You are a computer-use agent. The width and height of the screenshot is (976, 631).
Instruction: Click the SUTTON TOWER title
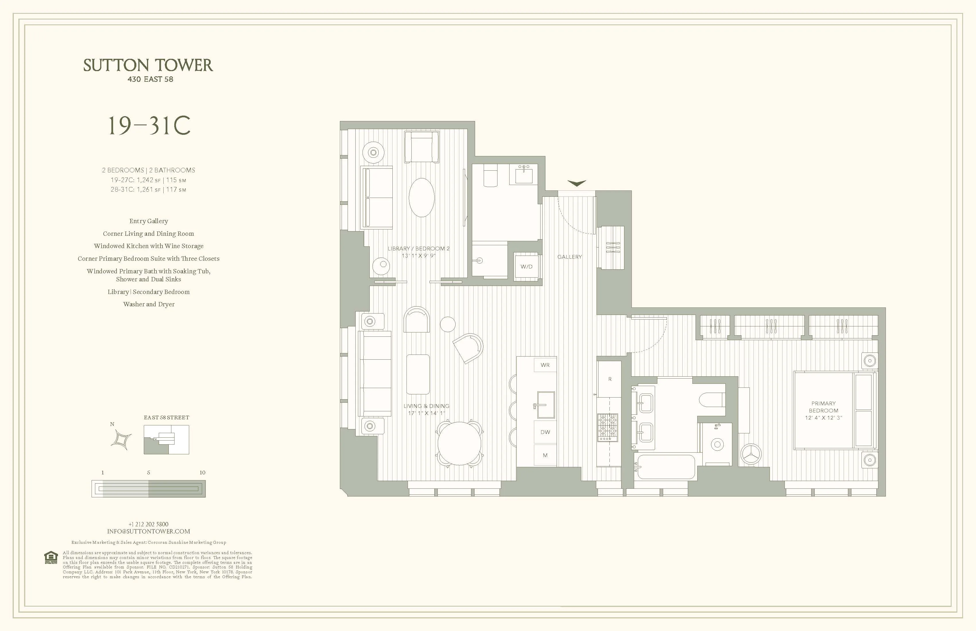148,66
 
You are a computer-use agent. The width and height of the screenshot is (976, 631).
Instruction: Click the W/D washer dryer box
526,267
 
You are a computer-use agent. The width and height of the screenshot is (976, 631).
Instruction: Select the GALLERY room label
569,257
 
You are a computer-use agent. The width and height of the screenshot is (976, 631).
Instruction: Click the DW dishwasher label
545,432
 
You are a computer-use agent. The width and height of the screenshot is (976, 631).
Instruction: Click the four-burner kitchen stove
608,427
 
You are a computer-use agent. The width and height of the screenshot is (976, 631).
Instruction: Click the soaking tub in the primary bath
664,467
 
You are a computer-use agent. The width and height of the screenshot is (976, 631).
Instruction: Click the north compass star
122,440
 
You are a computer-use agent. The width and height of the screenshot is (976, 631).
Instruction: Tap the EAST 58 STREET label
166,418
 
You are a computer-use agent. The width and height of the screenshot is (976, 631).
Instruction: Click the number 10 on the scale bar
202,472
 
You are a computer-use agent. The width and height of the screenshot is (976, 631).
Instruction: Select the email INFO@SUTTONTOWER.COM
148,531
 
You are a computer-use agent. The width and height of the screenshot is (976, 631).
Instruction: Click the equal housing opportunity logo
51,558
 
